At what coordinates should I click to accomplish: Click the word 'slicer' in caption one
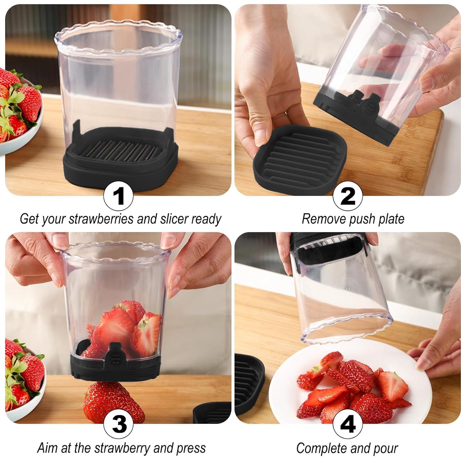pyautogui.click(x=174, y=219)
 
